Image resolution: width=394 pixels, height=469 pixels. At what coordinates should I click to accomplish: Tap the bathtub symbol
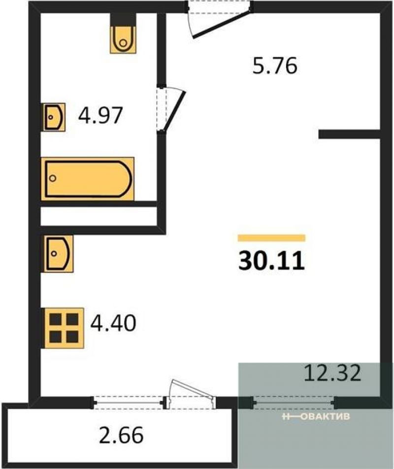[88, 178]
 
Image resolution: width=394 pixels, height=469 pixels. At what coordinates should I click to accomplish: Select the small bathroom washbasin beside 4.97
[54, 117]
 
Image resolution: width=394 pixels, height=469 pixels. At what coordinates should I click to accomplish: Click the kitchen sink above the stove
[58, 254]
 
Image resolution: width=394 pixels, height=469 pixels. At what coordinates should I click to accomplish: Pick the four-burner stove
[64, 328]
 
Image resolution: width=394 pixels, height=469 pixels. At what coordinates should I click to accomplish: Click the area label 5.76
[275, 66]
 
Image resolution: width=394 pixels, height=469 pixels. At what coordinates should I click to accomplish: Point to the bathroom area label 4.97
[100, 115]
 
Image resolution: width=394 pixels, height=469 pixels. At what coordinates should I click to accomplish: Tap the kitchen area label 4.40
[113, 323]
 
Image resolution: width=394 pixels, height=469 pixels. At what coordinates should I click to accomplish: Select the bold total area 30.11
[271, 261]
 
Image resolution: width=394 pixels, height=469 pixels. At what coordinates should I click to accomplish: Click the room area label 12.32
[332, 373]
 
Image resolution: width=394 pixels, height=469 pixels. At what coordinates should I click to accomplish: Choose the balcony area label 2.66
[121, 435]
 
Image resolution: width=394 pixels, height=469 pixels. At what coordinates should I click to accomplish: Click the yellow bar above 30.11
[271, 238]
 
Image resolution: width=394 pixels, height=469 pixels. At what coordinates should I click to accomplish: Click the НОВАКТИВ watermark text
[316, 416]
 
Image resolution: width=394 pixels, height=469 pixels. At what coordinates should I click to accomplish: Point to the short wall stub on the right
[349, 134]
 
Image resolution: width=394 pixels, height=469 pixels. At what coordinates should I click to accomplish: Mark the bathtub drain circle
[53, 178]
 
